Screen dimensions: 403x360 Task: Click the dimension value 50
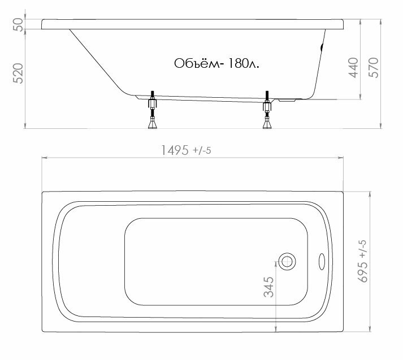[18, 24]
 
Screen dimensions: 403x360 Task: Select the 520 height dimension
[18, 73]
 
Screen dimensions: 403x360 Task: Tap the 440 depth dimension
[353, 68]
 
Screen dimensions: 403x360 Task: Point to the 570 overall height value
[374, 68]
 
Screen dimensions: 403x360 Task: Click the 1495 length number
[175, 150]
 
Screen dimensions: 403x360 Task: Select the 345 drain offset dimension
[268, 287]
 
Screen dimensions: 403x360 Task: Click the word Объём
[197, 63]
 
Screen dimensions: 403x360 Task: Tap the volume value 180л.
[244, 63]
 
